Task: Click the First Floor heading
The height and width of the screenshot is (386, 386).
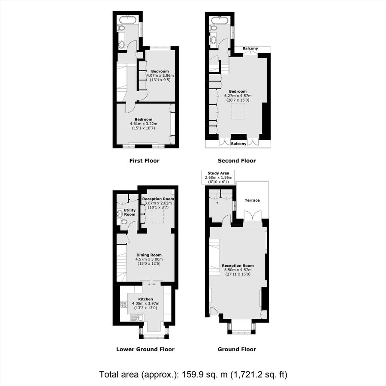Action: coord(144,161)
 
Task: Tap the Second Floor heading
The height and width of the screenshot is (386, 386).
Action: coord(237,161)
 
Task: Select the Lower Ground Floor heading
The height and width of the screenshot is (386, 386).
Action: coord(145,349)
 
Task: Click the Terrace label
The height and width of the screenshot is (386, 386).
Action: coord(252,200)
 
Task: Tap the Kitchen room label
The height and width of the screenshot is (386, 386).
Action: coord(145,299)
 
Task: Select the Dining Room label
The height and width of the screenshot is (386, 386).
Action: coord(146,255)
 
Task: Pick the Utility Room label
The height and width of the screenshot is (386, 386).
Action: coord(130,212)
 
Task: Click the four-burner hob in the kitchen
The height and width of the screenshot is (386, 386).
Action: coord(124,304)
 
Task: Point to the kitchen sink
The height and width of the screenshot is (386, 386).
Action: coord(136,318)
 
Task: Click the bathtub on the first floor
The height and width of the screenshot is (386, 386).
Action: coord(127,19)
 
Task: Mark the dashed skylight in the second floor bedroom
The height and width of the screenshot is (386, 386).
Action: coord(238,112)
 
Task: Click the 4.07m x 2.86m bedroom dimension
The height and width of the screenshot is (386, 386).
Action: coord(157,75)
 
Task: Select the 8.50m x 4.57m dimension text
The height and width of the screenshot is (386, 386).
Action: coord(237,270)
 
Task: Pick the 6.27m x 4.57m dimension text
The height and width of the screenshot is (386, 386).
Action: coord(238,96)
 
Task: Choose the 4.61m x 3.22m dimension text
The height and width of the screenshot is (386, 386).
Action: coord(144,124)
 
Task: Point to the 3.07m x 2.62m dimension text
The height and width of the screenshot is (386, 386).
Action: coord(158,203)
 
